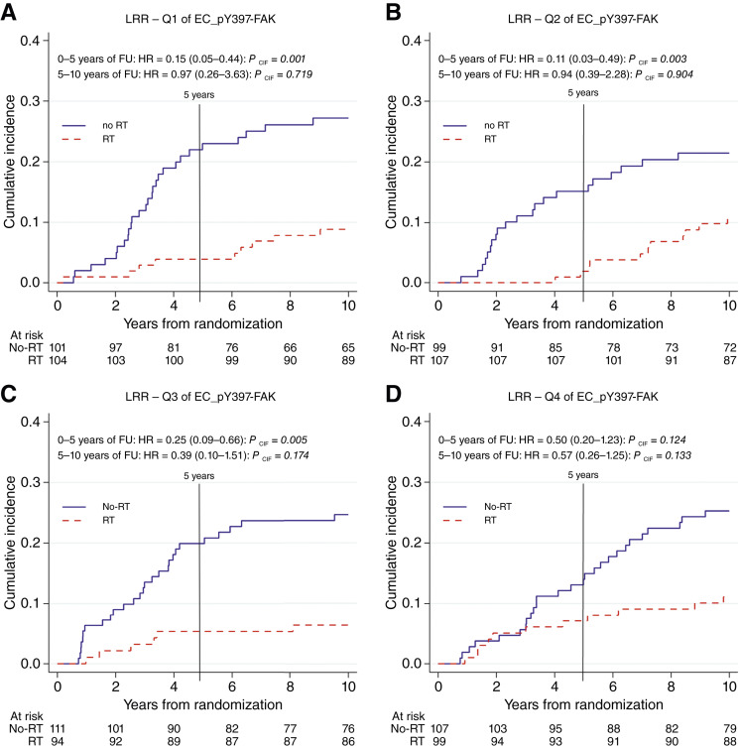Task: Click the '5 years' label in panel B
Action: click(x=583, y=92)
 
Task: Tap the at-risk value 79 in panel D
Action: click(x=727, y=722)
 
